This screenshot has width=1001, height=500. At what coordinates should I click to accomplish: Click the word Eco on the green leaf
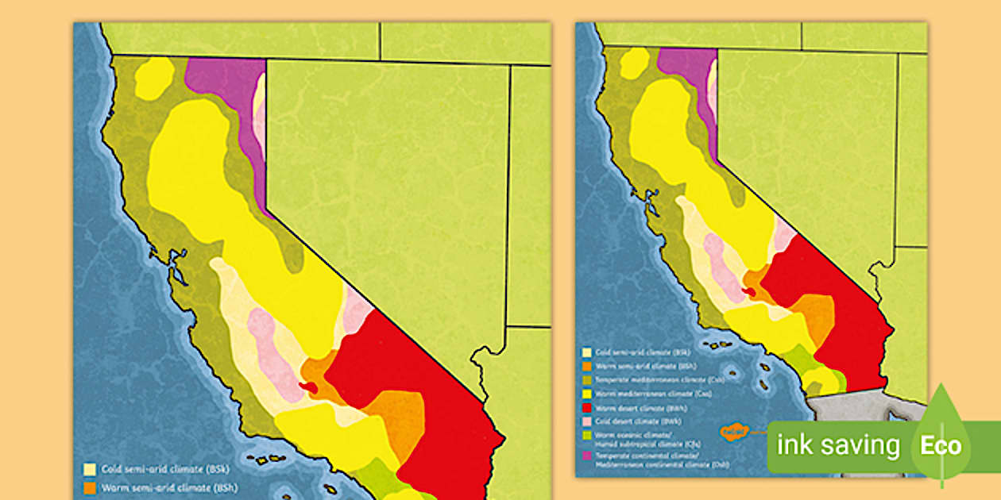click(941, 445)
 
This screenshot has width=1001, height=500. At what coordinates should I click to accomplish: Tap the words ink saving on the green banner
click(838, 445)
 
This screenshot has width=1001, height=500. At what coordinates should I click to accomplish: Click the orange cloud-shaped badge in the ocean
click(735, 432)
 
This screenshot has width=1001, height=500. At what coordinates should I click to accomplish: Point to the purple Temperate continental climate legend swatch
click(586, 456)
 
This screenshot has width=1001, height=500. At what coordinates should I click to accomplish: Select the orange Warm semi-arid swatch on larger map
click(91, 487)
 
